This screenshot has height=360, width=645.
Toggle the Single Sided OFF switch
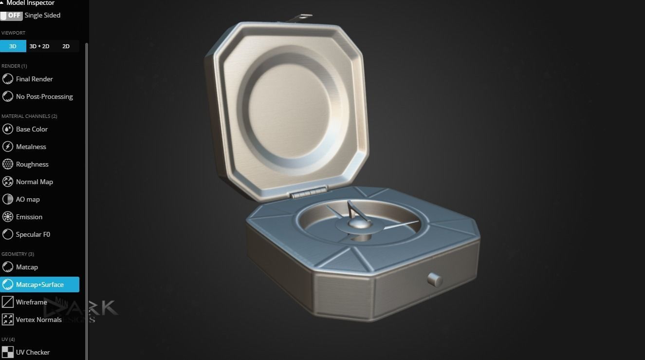(x=12, y=16)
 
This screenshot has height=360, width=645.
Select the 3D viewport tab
(x=13, y=46)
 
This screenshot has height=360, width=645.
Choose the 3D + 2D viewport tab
(x=39, y=46)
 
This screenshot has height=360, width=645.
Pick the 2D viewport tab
(x=66, y=46)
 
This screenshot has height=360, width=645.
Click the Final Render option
(x=34, y=79)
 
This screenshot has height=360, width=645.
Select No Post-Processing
(x=44, y=96)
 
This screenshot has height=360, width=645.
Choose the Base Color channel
(x=32, y=129)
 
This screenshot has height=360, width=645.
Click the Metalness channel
(x=31, y=147)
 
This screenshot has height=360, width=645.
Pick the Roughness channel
(x=32, y=164)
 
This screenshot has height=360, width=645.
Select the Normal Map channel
(x=34, y=182)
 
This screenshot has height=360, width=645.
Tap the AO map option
(x=28, y=199)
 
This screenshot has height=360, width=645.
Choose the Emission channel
(x=29, y=217)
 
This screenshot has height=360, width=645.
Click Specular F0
(x=33, y=234)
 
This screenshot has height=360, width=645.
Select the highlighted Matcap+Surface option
(x=39, y=284)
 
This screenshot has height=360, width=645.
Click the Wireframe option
(x=31, y=302)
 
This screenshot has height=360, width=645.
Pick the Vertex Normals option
(x=38, y=320)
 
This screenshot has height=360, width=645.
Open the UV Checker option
(x=33, y=352)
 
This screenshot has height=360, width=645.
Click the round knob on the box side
(x=435, y=280)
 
